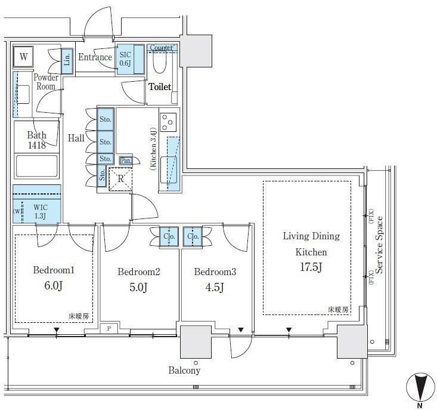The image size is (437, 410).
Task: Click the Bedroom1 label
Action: [54, 270]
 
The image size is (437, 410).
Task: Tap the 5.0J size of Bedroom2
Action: [138, 287]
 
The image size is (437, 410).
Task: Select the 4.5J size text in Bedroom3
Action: [215, 287]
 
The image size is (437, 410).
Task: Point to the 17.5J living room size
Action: [311, 267]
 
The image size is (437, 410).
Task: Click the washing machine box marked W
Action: [23, 57]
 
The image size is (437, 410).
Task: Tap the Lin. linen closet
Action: [67, 61]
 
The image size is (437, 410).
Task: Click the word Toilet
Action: [160, 87]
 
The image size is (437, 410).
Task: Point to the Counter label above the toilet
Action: [161, 48]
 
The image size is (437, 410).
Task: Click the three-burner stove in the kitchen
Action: [168, 122]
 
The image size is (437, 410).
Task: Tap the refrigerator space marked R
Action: [120, 179]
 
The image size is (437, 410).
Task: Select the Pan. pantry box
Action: [126, 161]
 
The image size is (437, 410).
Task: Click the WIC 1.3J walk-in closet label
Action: [41, 211]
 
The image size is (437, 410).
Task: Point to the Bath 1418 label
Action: [36, 140]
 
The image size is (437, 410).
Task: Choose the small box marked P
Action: [109, 329]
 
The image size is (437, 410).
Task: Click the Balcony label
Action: [184, 371]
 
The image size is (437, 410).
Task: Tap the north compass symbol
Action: [420, 387]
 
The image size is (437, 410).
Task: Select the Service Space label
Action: [379, 245]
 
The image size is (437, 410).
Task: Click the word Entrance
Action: [95, 57]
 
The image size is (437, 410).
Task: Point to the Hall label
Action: [76, 138]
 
